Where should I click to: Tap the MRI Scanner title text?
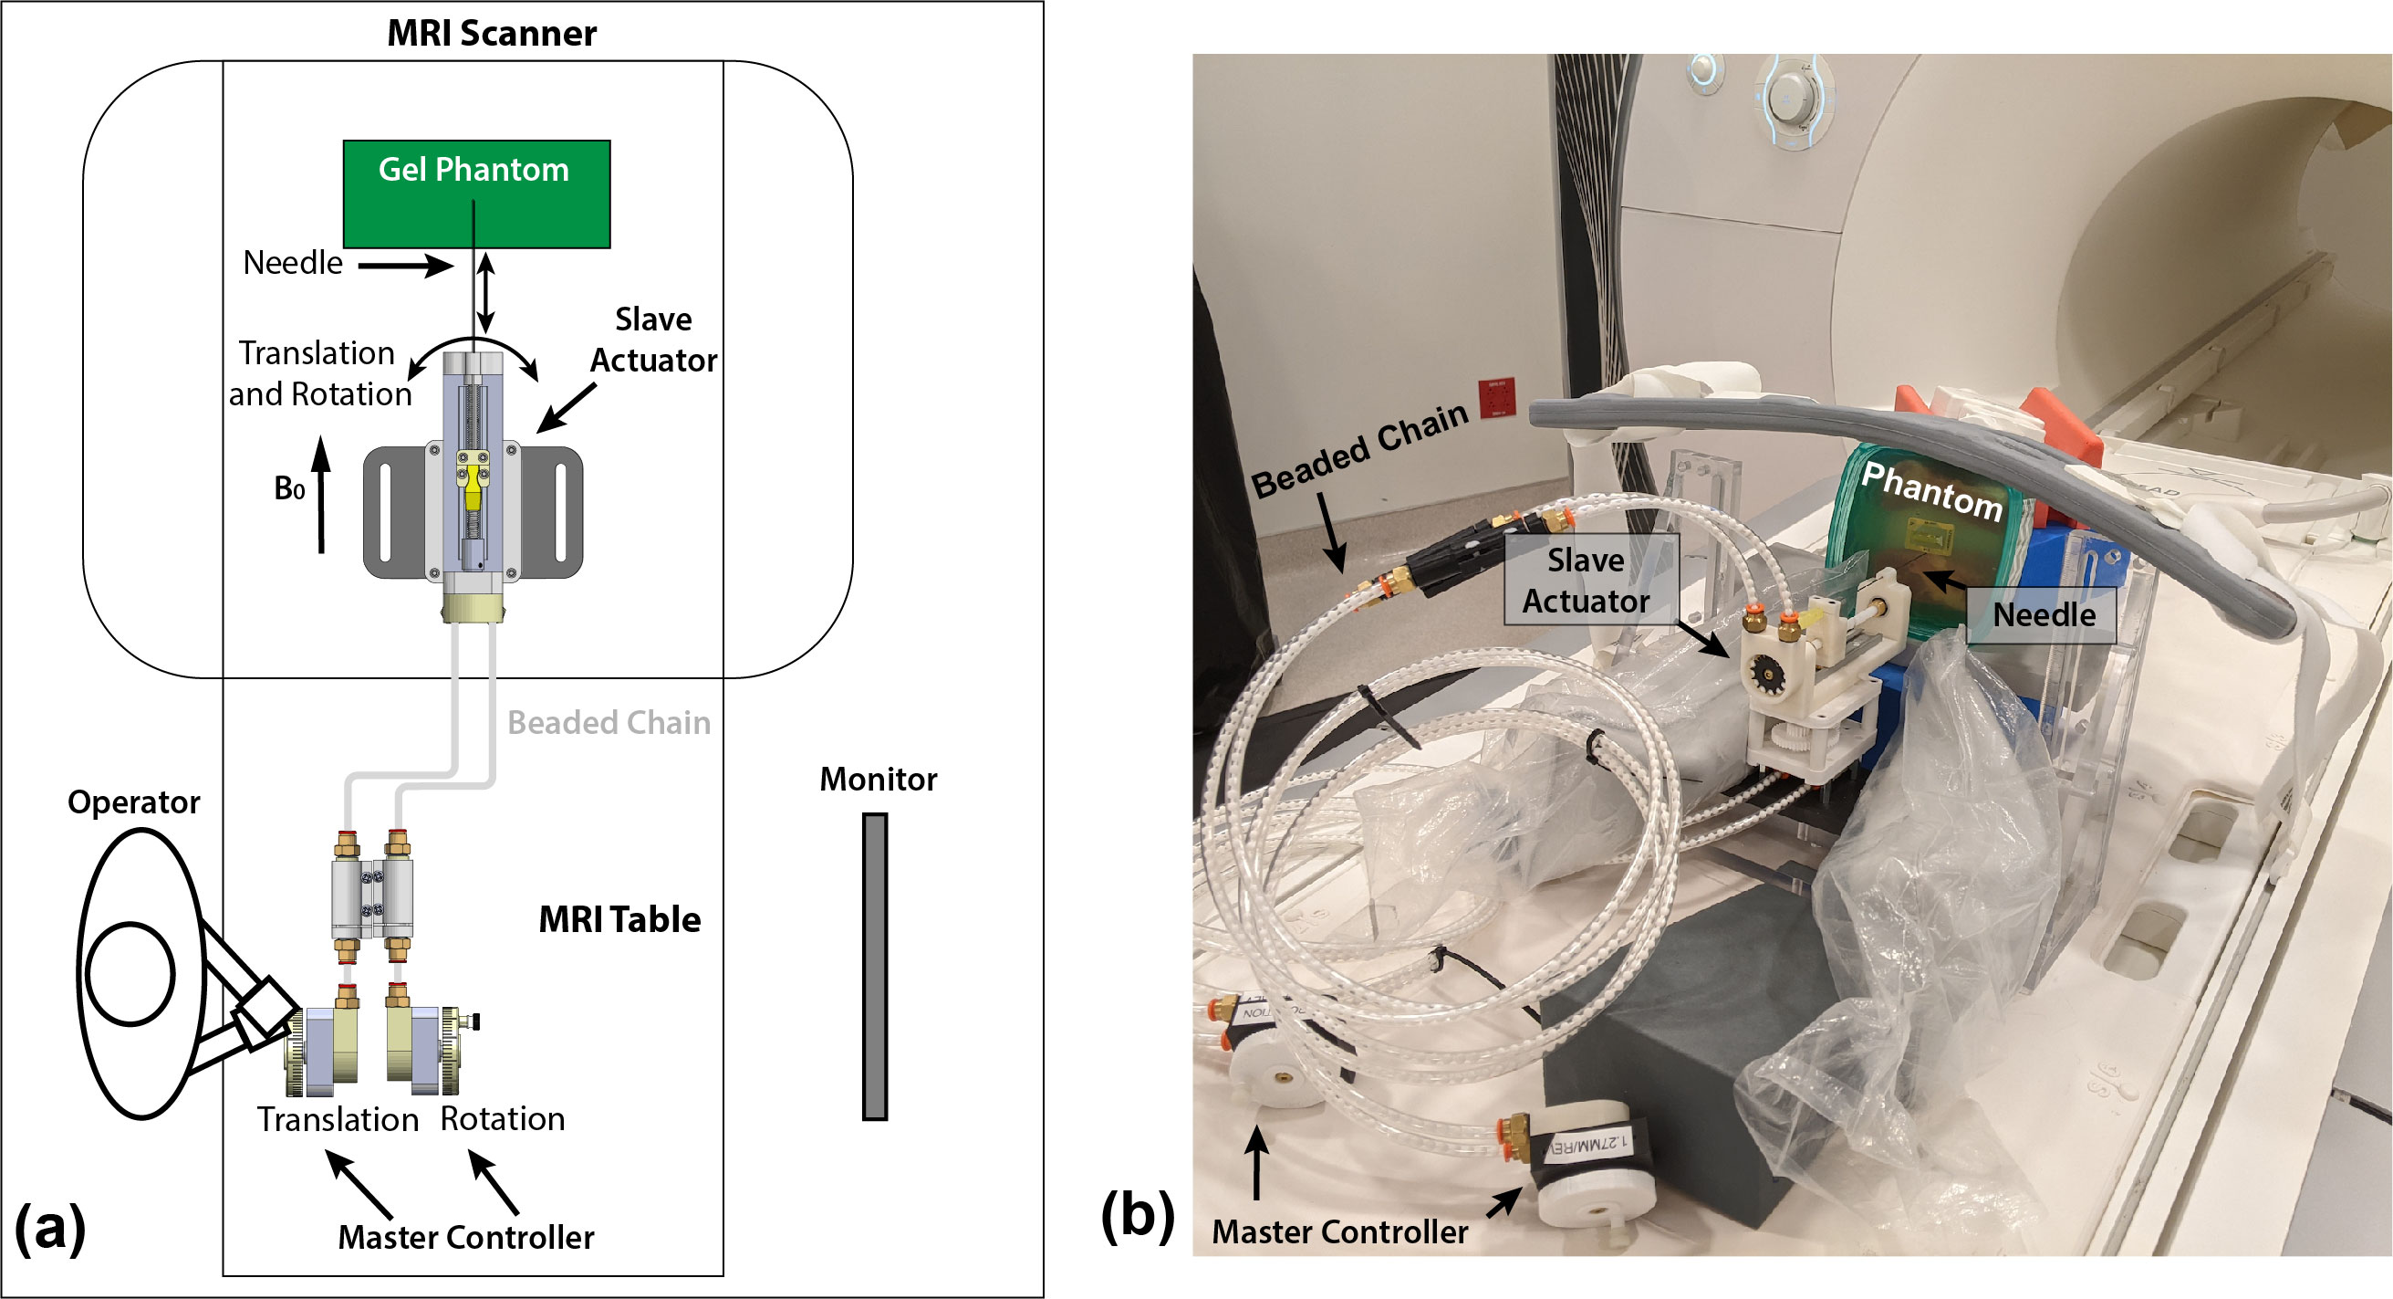point(492,34)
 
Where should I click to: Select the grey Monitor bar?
point(874,967)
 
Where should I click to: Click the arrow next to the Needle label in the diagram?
point(405,266)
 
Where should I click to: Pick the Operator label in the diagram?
point(134,801)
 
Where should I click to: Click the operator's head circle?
point(130,973)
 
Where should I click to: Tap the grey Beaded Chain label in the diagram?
point(609,722)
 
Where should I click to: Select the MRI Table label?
point(619,919)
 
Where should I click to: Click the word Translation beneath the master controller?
point(338,1119)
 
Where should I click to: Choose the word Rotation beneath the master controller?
point(502,1118)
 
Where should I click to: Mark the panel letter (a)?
point(50,1228)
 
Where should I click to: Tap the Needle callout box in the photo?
point(2043,614)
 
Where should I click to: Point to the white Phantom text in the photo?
point(1931,489)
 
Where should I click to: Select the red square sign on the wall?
point(1496,398)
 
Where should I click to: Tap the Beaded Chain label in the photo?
point(1358,452)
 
